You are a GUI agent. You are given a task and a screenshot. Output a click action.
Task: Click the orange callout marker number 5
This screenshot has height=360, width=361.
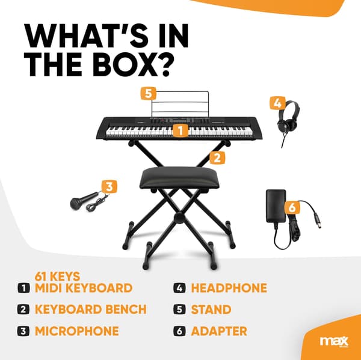[149, 94]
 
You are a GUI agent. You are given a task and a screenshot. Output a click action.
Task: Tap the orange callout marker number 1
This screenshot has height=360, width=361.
[180, 130]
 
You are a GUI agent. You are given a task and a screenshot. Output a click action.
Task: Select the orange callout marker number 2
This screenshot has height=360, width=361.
[217, 158]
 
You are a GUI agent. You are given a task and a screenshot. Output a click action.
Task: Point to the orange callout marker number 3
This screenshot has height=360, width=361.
[110, 186]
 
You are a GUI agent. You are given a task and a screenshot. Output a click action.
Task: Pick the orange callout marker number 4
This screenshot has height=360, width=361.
[277, 103]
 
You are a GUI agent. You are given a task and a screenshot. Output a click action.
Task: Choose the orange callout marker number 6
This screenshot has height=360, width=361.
[292, 207]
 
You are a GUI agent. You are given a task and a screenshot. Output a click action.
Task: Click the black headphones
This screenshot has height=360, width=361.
[288, 120]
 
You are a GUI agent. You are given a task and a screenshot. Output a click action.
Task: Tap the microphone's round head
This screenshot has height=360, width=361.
[76, 203]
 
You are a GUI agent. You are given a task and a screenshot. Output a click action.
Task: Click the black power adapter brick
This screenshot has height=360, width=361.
[276, 206]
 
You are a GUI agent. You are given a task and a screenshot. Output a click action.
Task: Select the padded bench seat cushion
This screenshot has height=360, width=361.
[179, 178]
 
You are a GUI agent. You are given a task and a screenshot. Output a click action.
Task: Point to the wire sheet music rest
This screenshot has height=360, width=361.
[180, 104]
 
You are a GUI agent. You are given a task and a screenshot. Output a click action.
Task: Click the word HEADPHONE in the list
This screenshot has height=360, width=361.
[229, 288]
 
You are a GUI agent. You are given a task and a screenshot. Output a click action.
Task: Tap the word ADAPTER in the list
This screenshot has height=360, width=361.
[219, 331]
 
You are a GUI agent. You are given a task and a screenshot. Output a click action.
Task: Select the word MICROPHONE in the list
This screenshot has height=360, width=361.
[77, 331]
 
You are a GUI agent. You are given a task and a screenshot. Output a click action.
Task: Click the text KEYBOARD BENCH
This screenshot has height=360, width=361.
[91, 310]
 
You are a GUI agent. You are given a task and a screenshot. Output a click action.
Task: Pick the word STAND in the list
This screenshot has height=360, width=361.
[211, 310]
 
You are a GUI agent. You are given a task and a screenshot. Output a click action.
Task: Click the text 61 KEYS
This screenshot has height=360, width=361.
[57, 276]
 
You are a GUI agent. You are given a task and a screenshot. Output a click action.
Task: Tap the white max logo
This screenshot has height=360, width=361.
[334, 341]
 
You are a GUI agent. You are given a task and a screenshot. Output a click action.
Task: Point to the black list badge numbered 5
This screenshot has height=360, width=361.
[180, 310]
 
